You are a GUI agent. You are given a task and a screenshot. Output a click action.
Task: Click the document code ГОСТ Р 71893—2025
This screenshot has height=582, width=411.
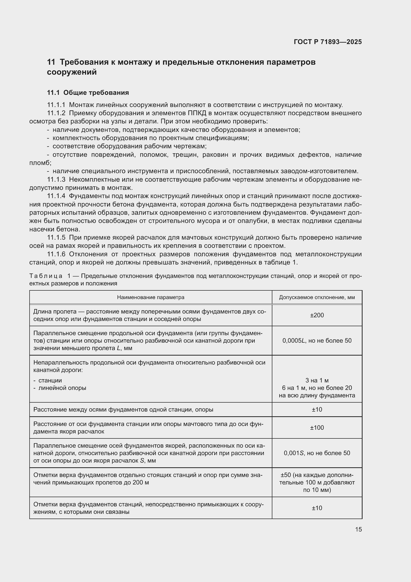click(x=328, y=42)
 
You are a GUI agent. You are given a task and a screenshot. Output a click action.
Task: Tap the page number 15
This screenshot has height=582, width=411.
click(x=358, y=529)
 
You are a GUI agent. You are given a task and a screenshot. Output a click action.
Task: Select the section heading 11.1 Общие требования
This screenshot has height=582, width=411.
click(x=88, y=93)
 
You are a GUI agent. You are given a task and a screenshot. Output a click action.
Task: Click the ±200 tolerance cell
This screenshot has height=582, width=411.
click(x=317, y=315)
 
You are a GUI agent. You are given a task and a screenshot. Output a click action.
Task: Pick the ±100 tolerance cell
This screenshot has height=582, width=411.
click(x=317, y=428)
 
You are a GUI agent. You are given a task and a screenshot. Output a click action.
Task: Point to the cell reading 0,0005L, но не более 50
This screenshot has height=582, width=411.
click(x=317, y=340)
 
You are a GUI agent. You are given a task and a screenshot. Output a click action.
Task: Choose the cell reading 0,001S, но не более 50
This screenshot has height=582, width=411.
click(x=317, y=453)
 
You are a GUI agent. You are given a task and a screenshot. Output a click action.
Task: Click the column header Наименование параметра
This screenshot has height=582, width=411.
click(x=151, y=297)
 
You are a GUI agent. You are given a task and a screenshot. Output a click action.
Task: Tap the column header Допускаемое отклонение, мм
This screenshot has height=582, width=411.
click(x=317, y=297)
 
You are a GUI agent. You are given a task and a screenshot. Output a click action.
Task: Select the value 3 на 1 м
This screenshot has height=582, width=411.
click(x=317, y=380)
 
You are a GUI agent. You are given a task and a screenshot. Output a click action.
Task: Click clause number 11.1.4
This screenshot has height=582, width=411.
click(x=56, y=196)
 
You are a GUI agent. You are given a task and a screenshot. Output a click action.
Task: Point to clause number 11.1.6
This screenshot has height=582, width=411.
click(x=56, y=254)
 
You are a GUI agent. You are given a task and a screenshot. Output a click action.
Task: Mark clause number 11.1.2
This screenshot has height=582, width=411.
click(x=56, y=113)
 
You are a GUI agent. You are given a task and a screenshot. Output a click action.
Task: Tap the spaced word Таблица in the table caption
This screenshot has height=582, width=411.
click(x=46, y=276)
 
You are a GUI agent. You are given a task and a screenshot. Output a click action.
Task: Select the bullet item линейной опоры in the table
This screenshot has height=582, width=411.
click(x=62, y=388)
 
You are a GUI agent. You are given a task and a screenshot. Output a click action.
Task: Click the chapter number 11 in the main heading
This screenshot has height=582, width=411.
click(x=51, y=62)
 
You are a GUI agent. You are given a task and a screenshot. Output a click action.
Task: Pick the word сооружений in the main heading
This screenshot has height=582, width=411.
click(x=72, y=72)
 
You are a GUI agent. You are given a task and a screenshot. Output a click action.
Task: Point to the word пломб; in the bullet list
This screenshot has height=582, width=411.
click(x=40, y=163)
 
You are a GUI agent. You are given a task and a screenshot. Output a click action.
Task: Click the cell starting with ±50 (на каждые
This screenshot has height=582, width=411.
click(x=317, y=482)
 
